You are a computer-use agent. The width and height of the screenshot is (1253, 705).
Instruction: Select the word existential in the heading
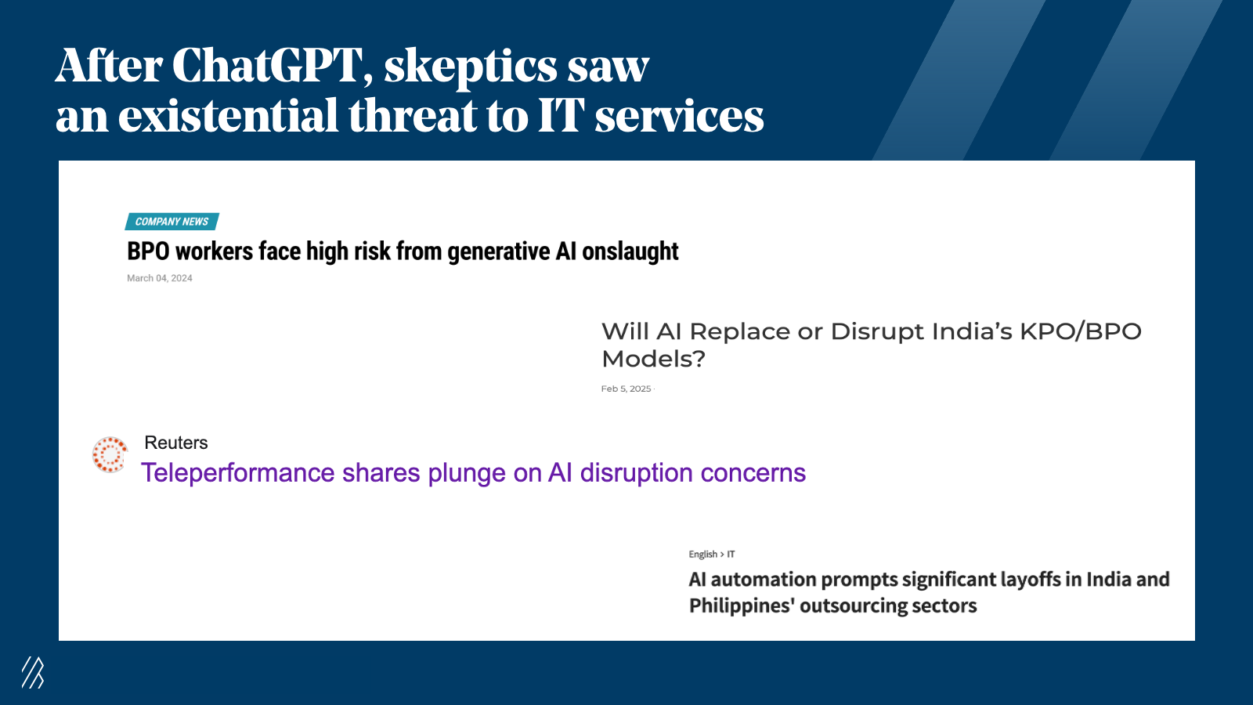228,115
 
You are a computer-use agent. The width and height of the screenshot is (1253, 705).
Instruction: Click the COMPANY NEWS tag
172,222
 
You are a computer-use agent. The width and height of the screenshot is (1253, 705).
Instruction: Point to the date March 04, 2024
160,278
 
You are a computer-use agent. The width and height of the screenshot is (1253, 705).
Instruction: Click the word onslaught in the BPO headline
630,251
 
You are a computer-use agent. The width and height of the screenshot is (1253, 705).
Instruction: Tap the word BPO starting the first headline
148,251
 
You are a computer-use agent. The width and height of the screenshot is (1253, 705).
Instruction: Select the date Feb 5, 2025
626,389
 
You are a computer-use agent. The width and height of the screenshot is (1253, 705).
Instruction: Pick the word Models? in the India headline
653,360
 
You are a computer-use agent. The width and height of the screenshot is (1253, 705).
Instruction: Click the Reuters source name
175,443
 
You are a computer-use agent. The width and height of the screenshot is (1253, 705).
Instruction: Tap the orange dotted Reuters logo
110,454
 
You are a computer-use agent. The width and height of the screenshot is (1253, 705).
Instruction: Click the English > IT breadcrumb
712,554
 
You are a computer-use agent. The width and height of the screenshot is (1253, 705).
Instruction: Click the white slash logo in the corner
32,673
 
